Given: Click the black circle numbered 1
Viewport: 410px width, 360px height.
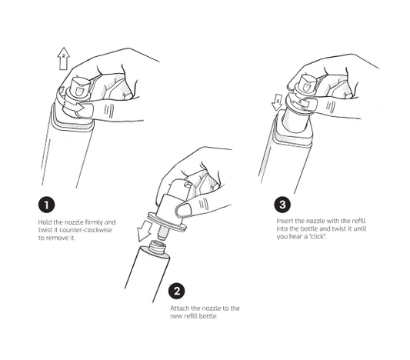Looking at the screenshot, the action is click(x=47, y=205).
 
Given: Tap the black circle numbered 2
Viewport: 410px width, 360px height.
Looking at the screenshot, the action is click(x=177, y=291).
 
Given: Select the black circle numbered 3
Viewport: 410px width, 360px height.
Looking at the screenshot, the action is click(x=282, y=204).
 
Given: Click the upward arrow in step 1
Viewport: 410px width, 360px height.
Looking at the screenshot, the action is click(x=64, y=58).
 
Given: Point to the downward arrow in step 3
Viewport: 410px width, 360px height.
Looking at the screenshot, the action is click(x=278, y=103).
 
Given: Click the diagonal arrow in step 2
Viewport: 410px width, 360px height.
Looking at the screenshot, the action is click(x=145, y=231).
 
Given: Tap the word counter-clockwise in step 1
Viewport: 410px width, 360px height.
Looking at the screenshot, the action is click(x=85, y=230).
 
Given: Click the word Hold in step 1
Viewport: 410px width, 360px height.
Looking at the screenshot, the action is click(x=45, y=222).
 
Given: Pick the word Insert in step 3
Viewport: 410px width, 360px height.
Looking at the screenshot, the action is click(x=285, y=222).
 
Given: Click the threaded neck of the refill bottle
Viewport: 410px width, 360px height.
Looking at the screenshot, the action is click(x=158, y=248).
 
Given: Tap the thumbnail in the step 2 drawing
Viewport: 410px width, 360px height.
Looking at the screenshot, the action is click(x=183, y=210).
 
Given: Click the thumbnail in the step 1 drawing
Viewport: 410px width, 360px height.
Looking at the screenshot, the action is click(x=85, y=111).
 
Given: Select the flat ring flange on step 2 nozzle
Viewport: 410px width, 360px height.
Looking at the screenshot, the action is click(x=167, y=223).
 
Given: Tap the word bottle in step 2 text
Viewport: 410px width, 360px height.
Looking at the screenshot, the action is click(x=208, y=316).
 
